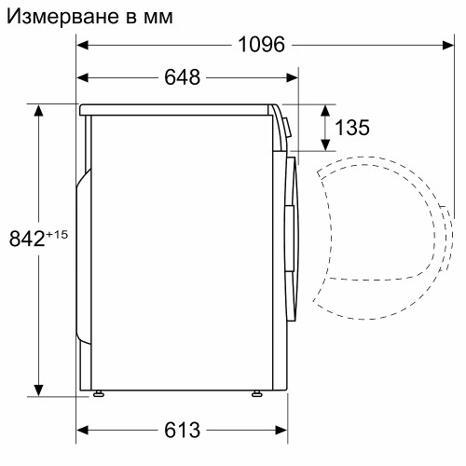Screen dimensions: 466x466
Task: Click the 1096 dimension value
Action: click(261, 45)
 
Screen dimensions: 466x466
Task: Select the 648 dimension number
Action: click(182, 77)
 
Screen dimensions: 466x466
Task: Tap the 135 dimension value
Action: click(351, 128)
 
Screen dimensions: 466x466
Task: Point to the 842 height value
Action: click(27, 240)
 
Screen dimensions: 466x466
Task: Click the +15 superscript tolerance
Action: click(57, 234)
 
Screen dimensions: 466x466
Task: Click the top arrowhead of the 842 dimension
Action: click(39, 111)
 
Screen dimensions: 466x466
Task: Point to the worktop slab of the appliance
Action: click(177, 109)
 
